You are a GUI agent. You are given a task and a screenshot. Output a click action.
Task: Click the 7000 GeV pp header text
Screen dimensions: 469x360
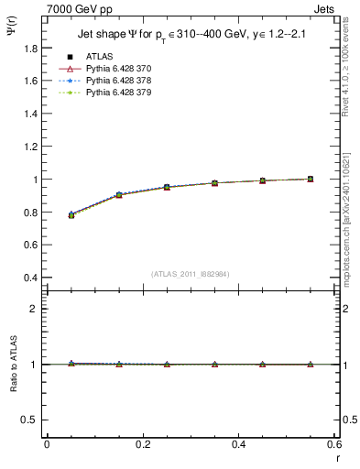point(79,7)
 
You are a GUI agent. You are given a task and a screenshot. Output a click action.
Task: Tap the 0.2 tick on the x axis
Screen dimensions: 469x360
point(143,444)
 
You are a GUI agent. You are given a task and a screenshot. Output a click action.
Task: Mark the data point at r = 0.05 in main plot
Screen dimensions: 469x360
point(71,214)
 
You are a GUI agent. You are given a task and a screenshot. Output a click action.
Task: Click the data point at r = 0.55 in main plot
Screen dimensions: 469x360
point(310,179)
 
